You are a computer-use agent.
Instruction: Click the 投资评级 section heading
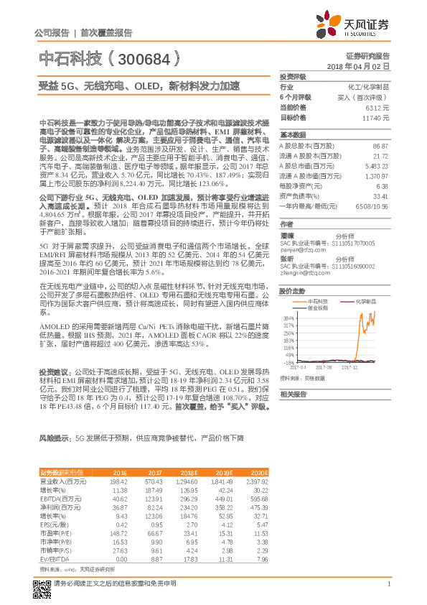click(x=293, y=76)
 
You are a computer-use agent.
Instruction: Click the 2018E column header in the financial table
click(x=188, y=472)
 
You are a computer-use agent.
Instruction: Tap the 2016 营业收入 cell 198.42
click(x=117, y=481)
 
